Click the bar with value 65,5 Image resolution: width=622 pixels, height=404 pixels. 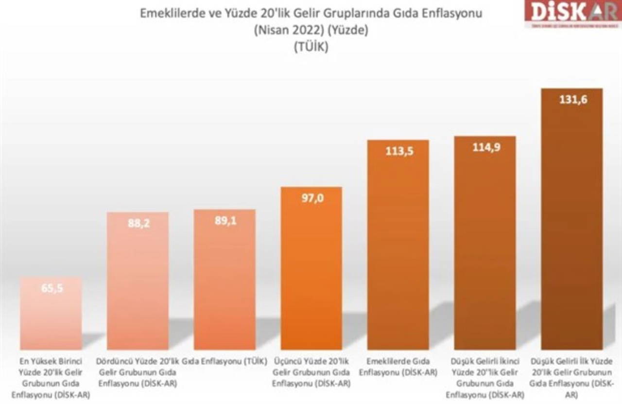pos(51,316)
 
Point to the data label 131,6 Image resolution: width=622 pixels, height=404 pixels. pos(571,100)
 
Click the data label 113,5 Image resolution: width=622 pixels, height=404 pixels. pos(398,151)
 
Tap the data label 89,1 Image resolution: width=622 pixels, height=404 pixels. pos(225,220)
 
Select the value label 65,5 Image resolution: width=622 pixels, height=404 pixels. pos(51,288)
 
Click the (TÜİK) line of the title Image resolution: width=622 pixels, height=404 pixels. pos(311,47)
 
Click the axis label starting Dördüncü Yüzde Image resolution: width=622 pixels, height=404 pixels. pos(138,372)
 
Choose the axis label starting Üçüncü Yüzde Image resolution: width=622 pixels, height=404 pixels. pos(311,372)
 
